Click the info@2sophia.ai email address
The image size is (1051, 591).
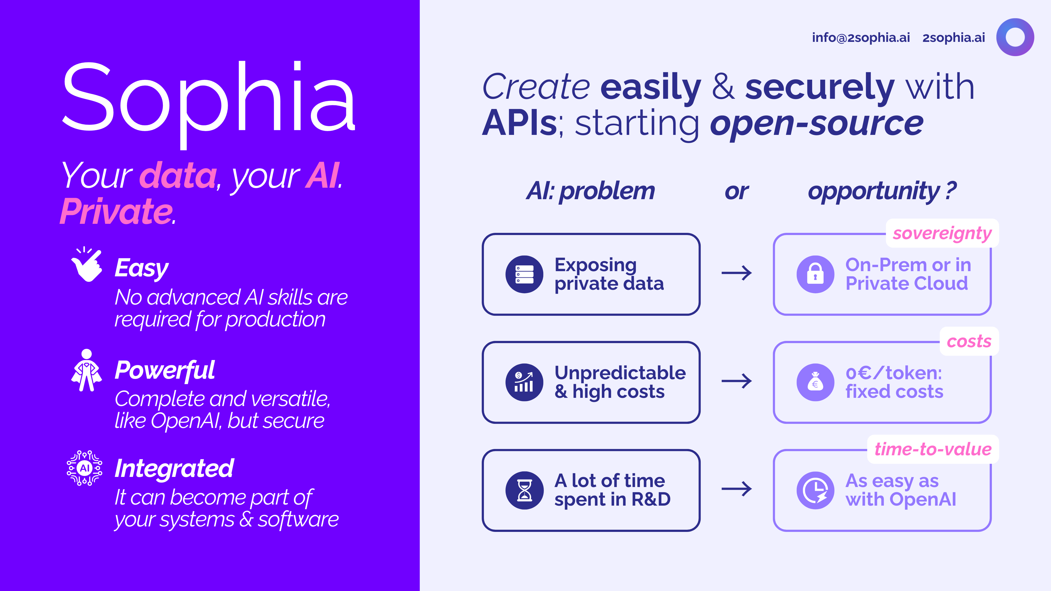tap(861, 37)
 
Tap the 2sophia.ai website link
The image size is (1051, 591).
tap(954, 37)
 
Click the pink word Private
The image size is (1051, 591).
tap(116, 211)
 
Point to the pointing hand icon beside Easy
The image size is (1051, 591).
tap(86, 264)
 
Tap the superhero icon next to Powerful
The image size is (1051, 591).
tap(86, 370)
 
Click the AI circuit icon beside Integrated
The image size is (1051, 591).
tap(85, 468)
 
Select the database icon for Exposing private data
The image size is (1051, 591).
tap(524, 274)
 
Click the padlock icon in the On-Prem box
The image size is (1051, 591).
tap(815, 274)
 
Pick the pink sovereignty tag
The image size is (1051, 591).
tap(942, 233)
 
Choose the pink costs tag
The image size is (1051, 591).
tap(969, 341)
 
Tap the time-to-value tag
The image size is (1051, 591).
tap(933, 449)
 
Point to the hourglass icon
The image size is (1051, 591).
tap(524, 490)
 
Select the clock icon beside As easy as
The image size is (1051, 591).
tap(815, 490)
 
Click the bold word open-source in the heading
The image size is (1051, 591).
tap(816, 124)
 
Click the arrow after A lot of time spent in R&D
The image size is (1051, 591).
tap(737, 489)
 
